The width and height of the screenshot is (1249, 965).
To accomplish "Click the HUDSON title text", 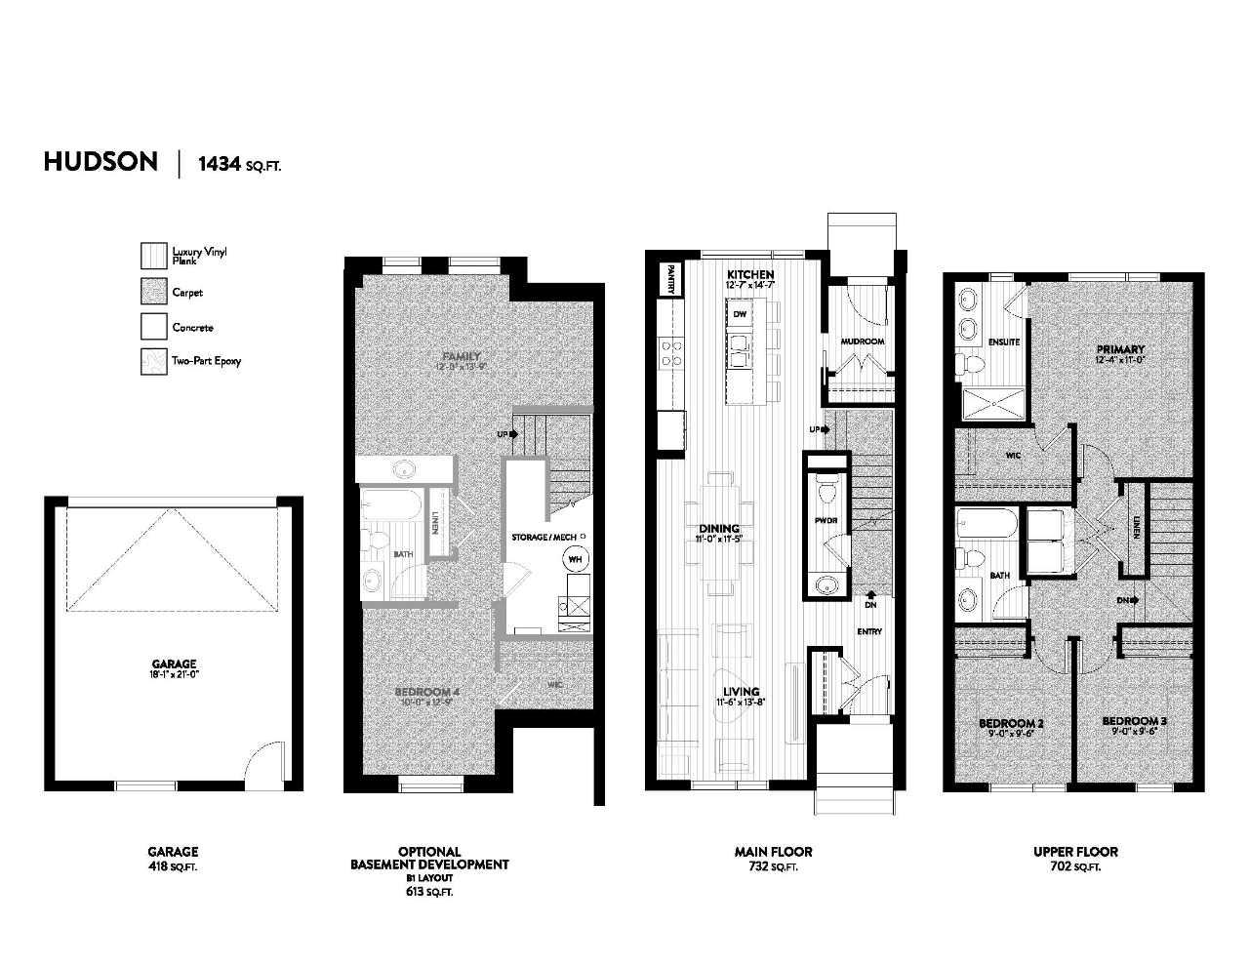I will [x=101, y=162].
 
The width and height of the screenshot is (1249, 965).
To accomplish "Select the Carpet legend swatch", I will [x=153, y=292].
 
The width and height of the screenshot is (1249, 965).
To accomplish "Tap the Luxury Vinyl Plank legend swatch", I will [x=153, y=256].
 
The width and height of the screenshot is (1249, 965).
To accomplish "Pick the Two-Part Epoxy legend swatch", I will [x=153, y=361].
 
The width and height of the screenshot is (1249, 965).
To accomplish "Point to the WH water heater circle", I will [x=575, y=559].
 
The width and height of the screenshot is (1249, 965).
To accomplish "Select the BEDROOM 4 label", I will [x=426, y=694].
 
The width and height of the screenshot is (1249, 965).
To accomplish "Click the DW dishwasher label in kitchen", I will [x=740, y=314].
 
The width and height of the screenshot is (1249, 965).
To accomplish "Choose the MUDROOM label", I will [x=863, y=342].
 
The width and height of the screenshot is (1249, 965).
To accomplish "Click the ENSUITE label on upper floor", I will [x=1003, y=342].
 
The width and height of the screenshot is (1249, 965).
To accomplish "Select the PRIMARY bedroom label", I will [x=1119, y=349].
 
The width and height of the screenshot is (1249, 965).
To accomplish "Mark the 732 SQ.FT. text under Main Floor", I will [x=772, y=866].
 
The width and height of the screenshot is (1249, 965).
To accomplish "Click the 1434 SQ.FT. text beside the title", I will [x=239, y=164].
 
